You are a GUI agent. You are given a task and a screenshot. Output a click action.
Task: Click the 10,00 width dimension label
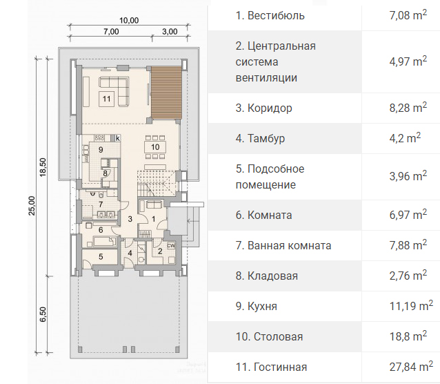(x=129, y=21)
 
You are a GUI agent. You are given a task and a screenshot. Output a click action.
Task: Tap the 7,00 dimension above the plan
(x=111, y=32)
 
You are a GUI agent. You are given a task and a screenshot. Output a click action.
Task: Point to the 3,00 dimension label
(x=170, y=32)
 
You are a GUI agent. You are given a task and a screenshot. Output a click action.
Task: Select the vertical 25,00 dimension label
(x=32, y=206)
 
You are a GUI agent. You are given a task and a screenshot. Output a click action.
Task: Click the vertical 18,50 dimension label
(x=43, y=167)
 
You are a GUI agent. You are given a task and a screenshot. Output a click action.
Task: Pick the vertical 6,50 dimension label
(x=43, y=314)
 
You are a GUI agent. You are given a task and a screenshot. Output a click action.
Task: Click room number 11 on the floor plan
(x=106, y=99)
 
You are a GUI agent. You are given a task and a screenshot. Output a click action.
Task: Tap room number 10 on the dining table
(x=155, y=146)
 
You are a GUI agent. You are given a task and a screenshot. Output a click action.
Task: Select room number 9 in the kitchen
(x=101, y=150)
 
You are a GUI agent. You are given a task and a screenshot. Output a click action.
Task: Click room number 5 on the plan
(x=101, y=256)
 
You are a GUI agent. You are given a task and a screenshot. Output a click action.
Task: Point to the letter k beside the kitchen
(x=118, y=138)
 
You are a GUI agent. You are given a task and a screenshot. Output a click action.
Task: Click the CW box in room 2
(x=171, y=245)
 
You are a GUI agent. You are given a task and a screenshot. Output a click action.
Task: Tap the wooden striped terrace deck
(x=166, y=93)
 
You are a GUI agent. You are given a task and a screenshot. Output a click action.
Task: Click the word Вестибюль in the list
(x=276, y=15)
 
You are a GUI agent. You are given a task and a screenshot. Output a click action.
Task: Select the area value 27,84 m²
(x=411, y=367)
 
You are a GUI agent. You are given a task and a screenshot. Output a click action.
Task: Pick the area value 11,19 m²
(x=411, y=306)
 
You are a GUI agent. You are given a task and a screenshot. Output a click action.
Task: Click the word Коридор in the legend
(x=270, y=108)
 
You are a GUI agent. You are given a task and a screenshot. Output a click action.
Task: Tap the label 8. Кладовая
(x=267, y=276)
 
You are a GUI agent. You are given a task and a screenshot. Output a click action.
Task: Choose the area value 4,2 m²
(x=405, y=138)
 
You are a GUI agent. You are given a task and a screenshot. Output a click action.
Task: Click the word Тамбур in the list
(x=266, y=138)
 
